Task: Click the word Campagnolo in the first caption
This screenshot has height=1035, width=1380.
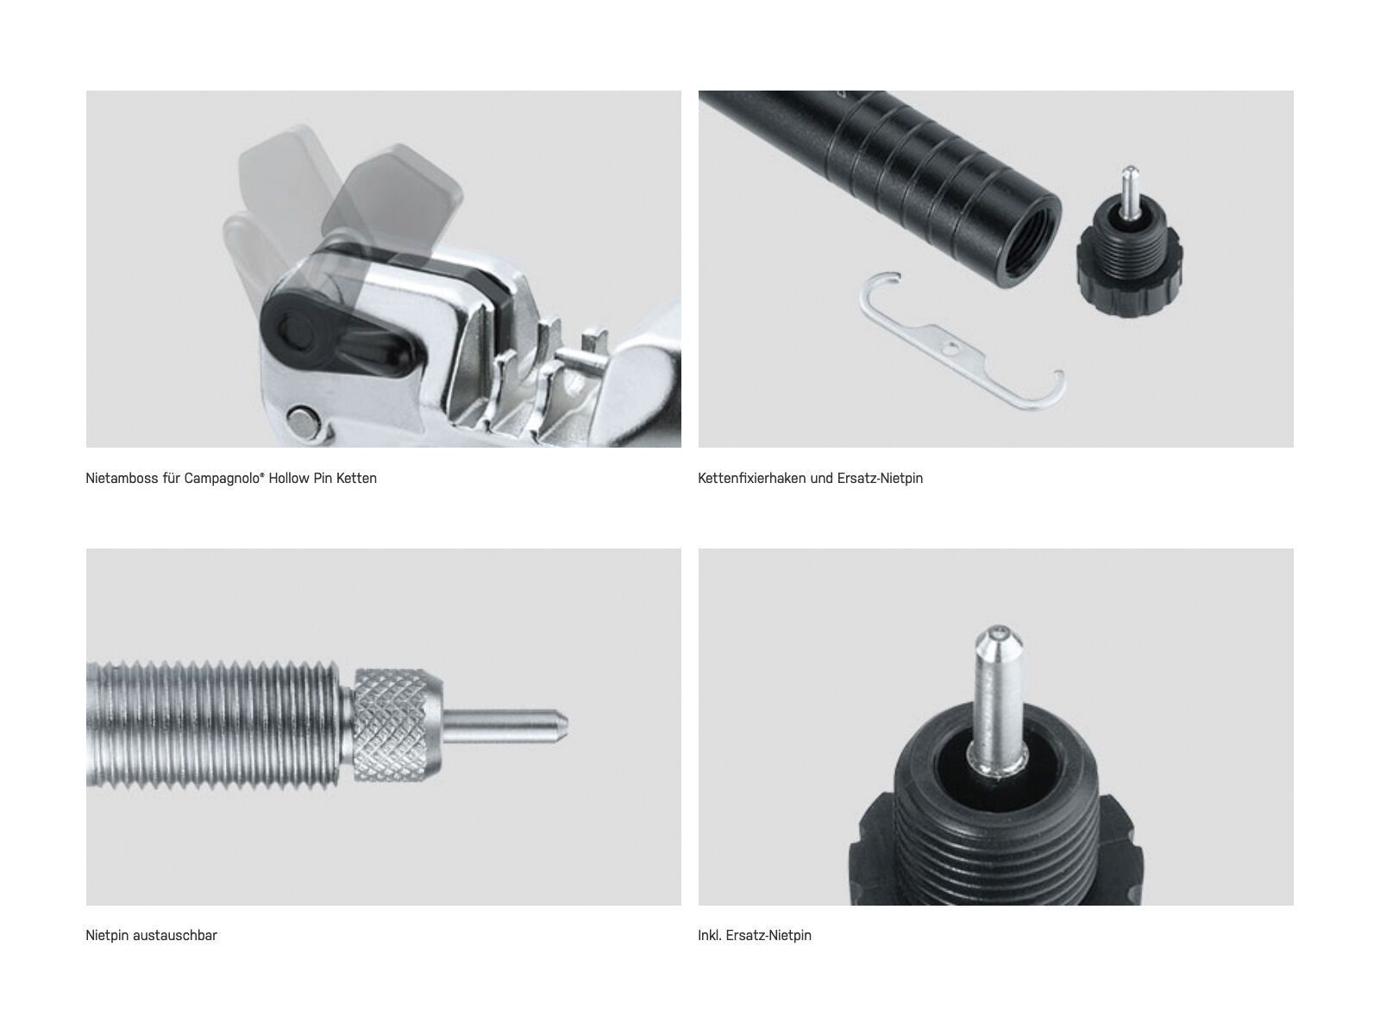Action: pyautogui.click(x=220, y=478)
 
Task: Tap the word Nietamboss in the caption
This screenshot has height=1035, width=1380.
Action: pyautogui.click(x=121, y=478)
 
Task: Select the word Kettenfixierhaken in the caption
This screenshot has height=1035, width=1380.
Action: pyautogui.click(x=751, y=478)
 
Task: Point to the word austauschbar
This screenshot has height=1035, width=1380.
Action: pyautogui.click(x=175, y=935)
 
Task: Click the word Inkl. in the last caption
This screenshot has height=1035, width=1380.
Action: pyautogui.click(x=711, y=935)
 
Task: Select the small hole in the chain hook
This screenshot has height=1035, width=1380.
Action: pyautogui.click(x=950, y=348)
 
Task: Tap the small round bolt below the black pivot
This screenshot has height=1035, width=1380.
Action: pyautogui.click(x=304, y=421)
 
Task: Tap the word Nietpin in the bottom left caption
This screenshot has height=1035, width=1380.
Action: pyautogui.click(x=108, y=935)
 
